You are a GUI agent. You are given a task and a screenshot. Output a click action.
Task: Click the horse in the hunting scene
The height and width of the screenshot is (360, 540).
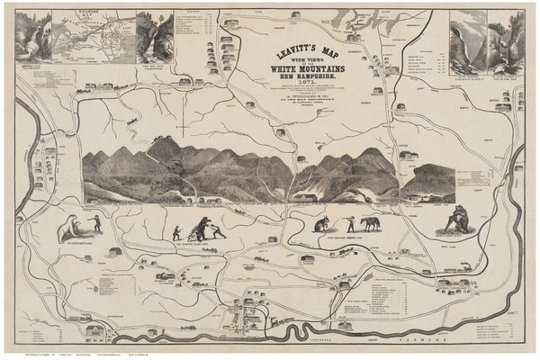pos(369,222)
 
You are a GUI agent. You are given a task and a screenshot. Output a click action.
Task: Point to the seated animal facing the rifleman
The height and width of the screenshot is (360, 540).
pos(319,225)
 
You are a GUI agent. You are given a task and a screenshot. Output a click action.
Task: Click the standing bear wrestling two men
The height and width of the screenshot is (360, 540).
pos(202,224)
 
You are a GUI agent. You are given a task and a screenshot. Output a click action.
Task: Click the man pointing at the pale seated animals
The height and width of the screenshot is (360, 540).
pos(93,221)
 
